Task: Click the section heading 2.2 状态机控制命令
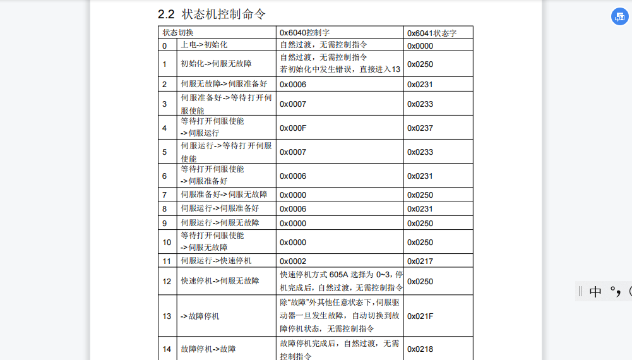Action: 212,14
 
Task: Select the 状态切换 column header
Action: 178,32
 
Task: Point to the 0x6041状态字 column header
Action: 432,33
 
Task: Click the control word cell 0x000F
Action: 293,128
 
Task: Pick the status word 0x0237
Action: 420,128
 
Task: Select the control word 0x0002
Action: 293,261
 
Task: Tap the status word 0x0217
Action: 420,261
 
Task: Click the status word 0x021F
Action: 420,316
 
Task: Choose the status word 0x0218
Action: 420,349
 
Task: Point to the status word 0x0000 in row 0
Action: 420,45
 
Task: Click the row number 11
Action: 167,261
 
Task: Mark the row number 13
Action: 167,316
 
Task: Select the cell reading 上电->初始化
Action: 204,45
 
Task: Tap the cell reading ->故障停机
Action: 200,316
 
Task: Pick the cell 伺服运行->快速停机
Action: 216,261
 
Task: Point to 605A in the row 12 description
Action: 338,275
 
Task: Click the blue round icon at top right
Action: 619,17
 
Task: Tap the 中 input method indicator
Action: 595,291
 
